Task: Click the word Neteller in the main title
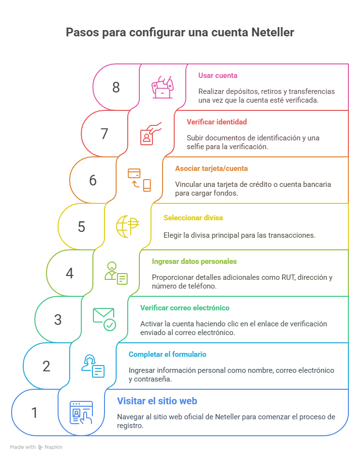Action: (272, 33)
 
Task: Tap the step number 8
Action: (116, 87)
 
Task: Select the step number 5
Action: (81, 227)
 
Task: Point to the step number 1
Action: (34, 413)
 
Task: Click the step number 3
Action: (58, 320)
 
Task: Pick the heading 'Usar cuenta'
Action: (218, 76)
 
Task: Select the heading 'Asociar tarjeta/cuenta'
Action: (211, 168)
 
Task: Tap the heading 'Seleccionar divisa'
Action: (193, 218)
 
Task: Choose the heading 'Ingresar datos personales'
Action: (194, 261)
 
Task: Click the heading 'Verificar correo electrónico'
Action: (184, 308)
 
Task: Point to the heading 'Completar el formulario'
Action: (167, 354)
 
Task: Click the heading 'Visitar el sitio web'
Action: (157, 401)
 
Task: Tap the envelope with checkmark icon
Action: (104, 319)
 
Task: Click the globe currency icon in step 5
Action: (127, 227)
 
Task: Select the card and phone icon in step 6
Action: (139, 180)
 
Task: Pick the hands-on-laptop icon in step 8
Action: (163, 87)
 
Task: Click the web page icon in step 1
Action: (81, 413)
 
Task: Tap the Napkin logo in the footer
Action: (50, 447)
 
